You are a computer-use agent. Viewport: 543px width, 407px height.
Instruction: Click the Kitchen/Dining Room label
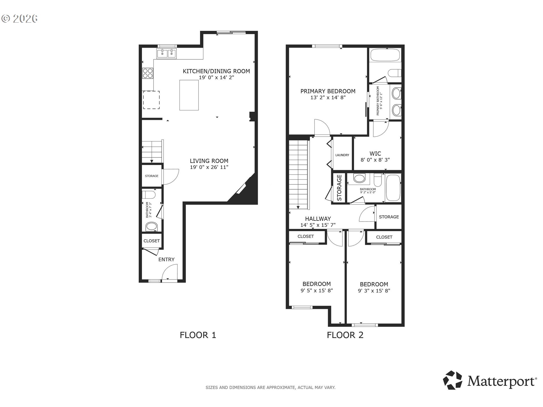click(x=216, y=71)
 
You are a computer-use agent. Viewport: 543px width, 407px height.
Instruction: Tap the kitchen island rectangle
click(x=189, y=95)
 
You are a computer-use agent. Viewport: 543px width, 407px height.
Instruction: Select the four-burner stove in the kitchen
click(x=148, y=73)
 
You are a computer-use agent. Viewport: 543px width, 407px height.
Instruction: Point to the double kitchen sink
click(x=166, y=53)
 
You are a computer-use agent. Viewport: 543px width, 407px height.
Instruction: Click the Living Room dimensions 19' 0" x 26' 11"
click(x=209, y=167)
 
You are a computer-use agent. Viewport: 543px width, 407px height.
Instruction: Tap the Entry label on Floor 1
click(x=166, y=259)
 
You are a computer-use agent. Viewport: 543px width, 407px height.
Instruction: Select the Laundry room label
click(x=342, y=155)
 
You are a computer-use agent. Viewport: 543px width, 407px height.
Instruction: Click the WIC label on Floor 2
click(x=375, y=153)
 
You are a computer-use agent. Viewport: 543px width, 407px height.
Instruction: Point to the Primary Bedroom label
click(x=328, y=91)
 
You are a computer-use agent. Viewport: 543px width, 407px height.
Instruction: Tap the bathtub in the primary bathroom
click(x=385, y=55)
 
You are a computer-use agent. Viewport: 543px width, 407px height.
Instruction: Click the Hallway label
click(x=318, y=219)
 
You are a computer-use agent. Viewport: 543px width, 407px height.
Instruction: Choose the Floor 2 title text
click(x=345, y=335)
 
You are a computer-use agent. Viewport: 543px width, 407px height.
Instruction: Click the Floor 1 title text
click(x=198, y=335)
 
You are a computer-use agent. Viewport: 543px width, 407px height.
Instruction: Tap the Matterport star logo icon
click(x=453, y=380)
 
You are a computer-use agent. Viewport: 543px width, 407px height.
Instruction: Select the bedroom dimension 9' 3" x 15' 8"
click(x=374, y=291)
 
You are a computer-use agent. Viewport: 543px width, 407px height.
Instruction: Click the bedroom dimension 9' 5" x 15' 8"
click(x=317, y=291)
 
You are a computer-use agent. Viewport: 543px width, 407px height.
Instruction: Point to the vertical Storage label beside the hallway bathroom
click(x=339, y=188)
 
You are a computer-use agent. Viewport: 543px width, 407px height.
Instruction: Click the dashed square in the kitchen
click(x=151, y=100)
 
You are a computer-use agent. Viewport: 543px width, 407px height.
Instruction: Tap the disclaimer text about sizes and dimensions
click(x=270, y=387)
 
